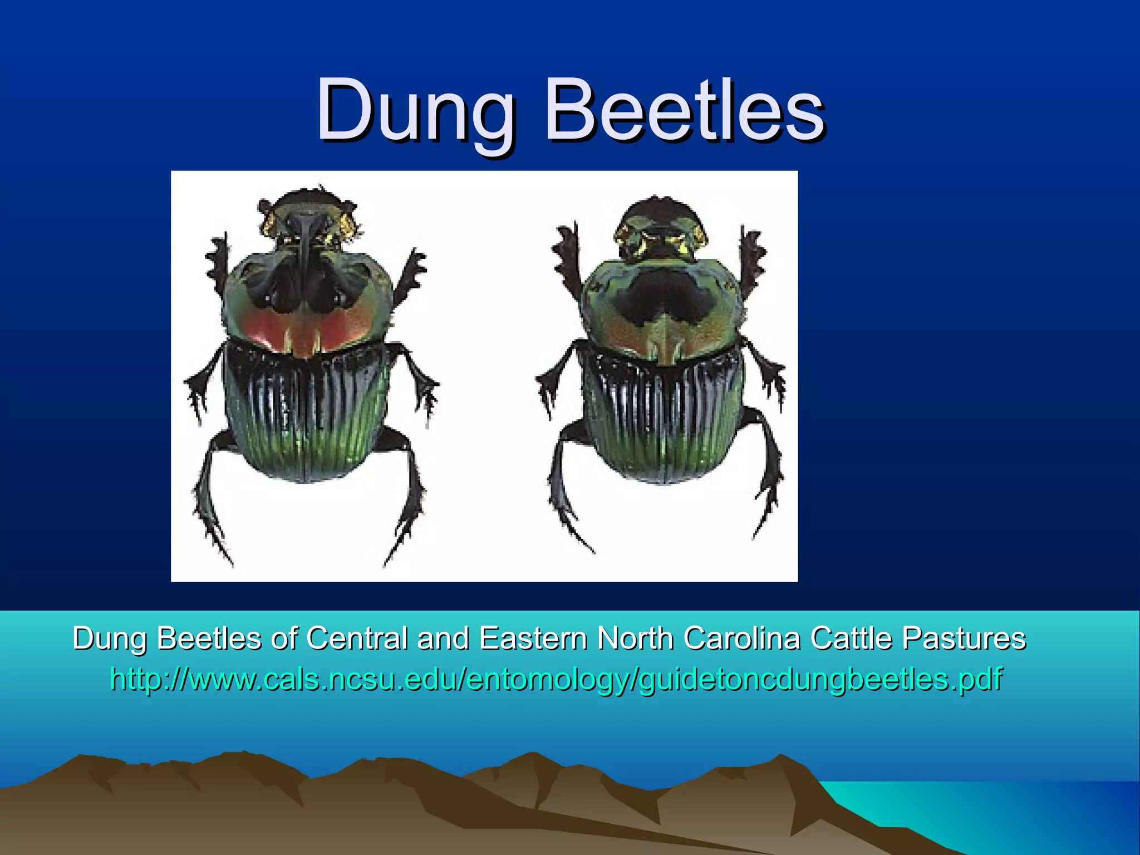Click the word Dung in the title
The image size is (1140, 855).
[x=415, y=111]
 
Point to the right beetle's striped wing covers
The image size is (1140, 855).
[x=662, y=417]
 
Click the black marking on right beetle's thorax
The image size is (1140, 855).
[x=662, y=301]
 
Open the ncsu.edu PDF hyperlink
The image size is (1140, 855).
[x=557, y=679]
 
